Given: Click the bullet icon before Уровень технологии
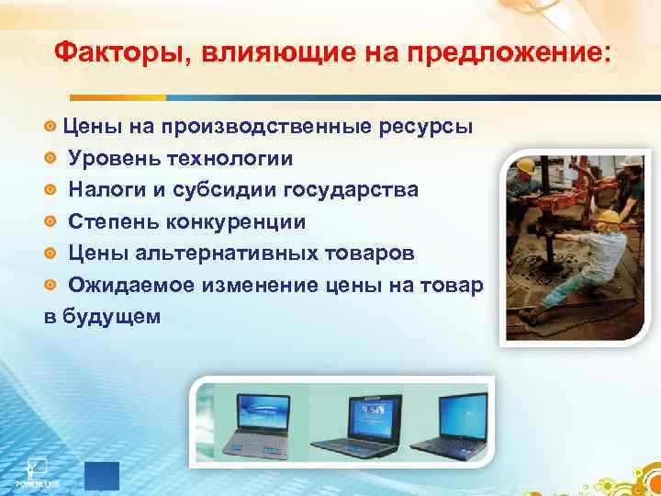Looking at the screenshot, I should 51,159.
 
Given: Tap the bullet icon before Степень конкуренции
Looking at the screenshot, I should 51,222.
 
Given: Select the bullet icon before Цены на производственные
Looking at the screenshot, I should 51,127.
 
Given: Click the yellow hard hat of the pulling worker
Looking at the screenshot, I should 608,217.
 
